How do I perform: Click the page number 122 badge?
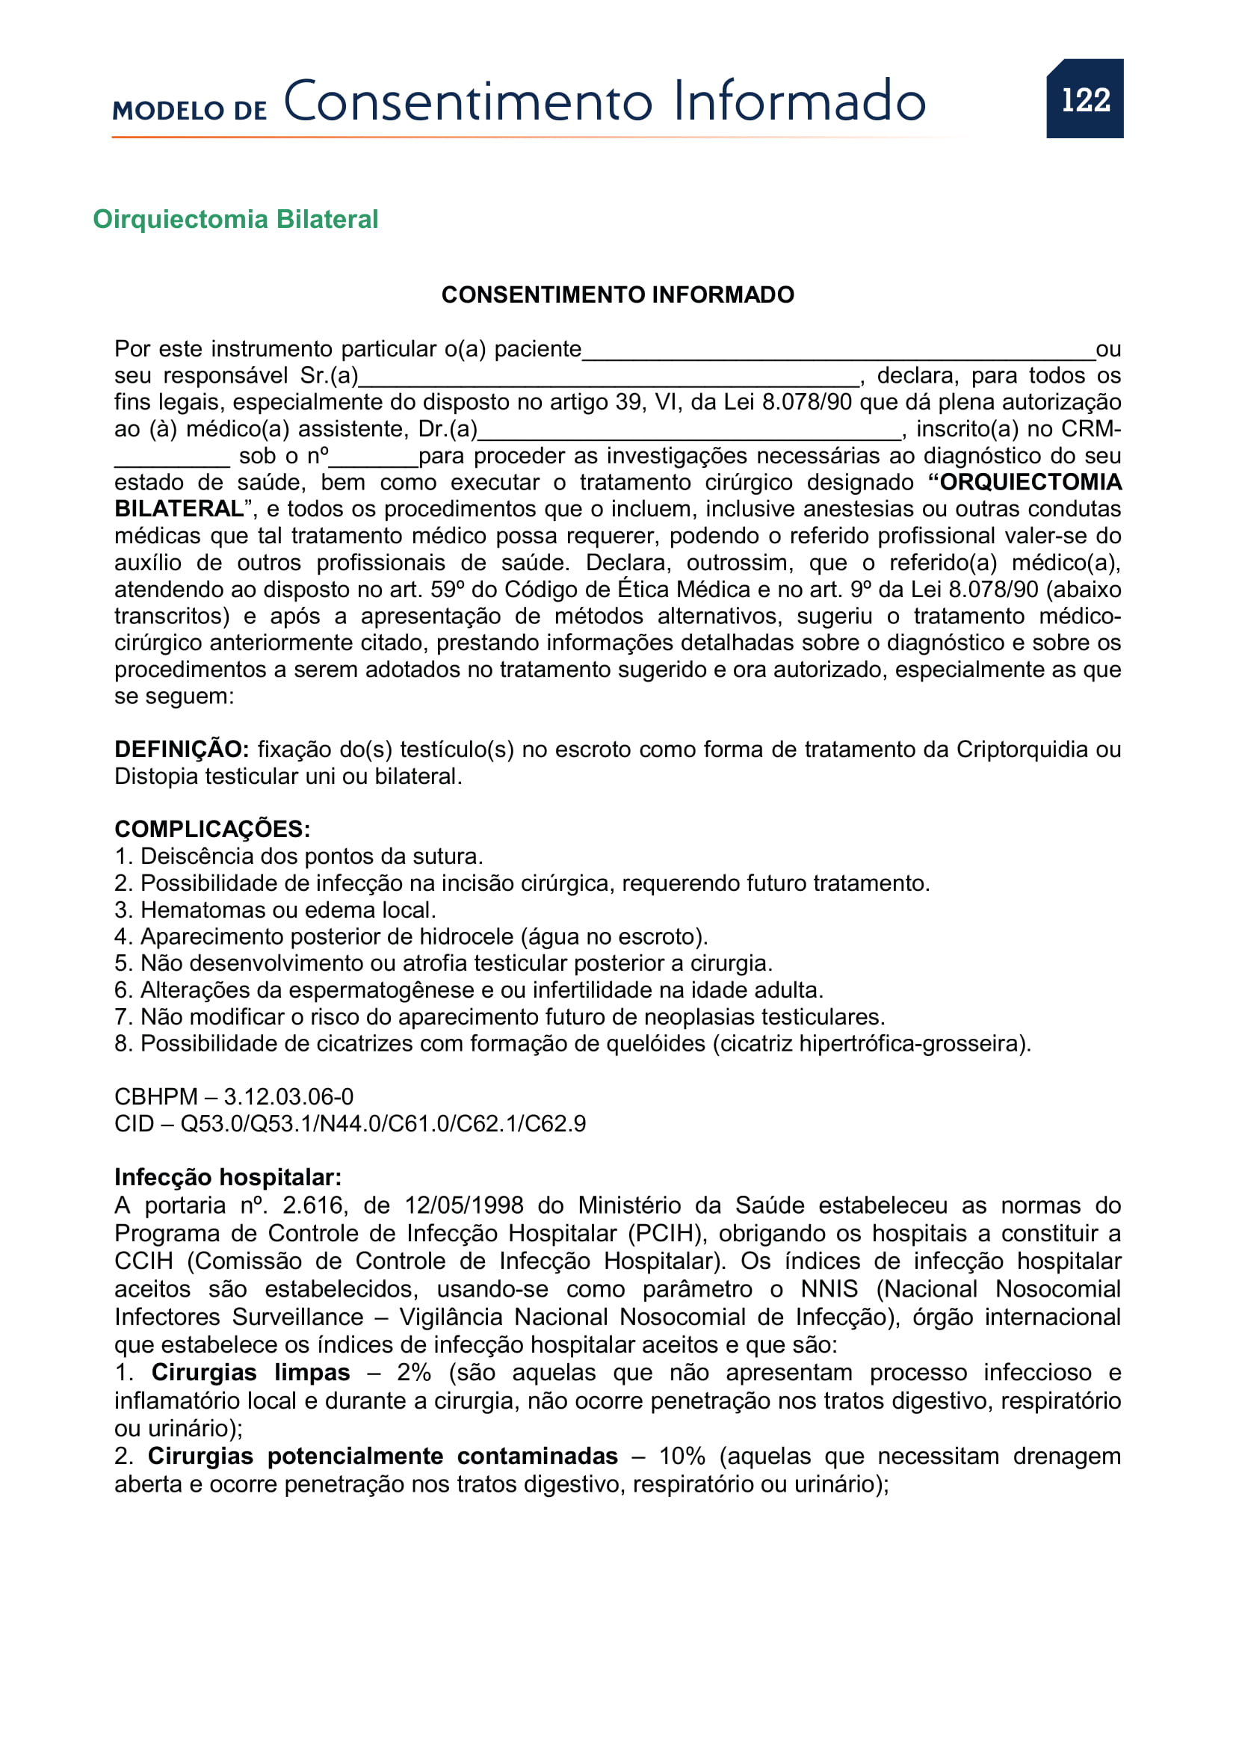pos(1084,99)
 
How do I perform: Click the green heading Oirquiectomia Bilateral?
pos(235,219)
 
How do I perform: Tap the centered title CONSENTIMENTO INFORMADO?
pos(617,294)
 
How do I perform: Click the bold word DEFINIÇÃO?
pos(181,750)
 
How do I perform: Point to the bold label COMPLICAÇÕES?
pos(212,829)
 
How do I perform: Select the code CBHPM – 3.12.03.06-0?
pos(234,1097)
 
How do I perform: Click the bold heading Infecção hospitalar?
pos(228,1178)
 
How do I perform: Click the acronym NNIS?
pos(829,1289)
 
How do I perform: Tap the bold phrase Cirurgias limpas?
pos(250,1372)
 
